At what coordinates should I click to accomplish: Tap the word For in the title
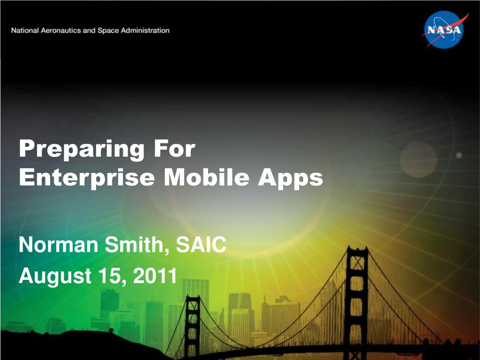(x=174, y=149)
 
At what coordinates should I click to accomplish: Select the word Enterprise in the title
(x=87, y=178)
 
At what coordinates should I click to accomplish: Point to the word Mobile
(x=207, y=177)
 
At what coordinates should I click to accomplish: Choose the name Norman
(x=59, y=245)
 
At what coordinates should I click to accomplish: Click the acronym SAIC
(x=201, y=245)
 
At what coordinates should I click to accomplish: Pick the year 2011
(x=155, y=276)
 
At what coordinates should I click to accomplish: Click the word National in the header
(x=25, y=30)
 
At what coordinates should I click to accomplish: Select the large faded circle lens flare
(x=419, y=159)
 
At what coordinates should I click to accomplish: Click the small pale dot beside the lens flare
(x=459, y=155)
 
